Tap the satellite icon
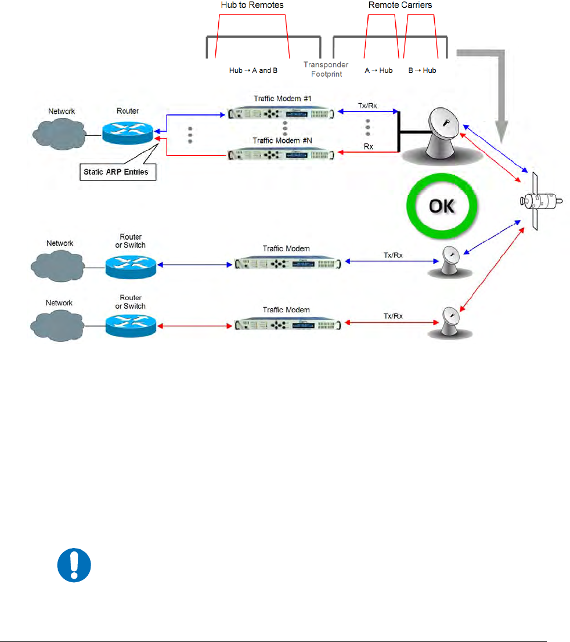(540, 201)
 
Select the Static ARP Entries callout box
(117, 172)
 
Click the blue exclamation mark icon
(74, 565)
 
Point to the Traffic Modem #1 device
(281, 113)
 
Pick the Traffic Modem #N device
(281, 155)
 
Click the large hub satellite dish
(442, 135)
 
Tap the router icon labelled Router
(127, 133)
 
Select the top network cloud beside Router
(59, 134)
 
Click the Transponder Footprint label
(326, 69)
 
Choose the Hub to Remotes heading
(252, 5)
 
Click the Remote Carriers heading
(400, 5)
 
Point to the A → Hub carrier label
(379, 70)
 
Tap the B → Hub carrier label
(422, 70)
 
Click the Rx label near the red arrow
(369, 147)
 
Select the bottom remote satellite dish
(450, 323)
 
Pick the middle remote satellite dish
(450, 262)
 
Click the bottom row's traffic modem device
(287, 324)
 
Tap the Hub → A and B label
(253, 70)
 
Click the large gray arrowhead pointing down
(502, 132)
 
